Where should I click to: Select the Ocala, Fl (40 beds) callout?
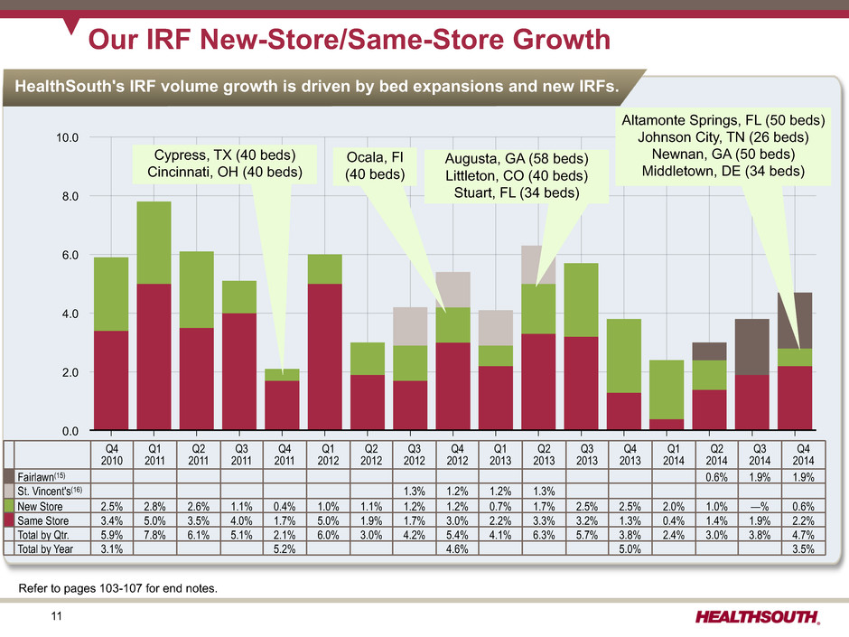[x=372, y=164]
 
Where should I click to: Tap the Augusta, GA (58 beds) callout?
[x=515, y=177]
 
